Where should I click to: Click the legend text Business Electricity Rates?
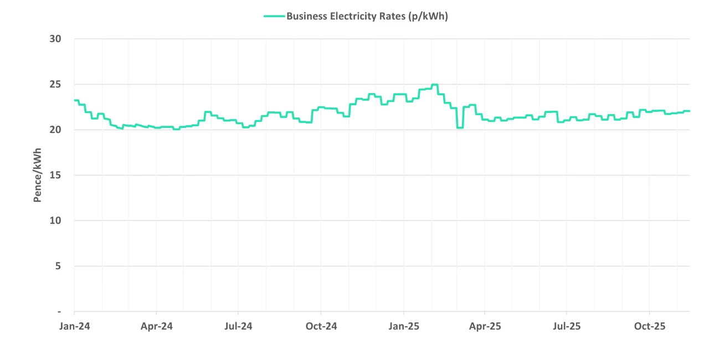coord(367,16)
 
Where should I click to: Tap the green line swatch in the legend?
coord(274,16)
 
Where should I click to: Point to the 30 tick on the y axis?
coord(55,39)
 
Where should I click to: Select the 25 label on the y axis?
coord(55,84)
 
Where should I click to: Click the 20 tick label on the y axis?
coord(55,130)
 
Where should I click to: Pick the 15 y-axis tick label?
coord(55,175)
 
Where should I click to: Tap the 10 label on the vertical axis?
coord(55,220)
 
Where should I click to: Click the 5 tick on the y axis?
coord(58,266)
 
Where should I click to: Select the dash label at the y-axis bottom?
coord(59,312)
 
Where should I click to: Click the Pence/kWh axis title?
coord(38,175)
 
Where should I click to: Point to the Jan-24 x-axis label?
coord(74,326)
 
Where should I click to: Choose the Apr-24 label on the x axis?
coord(156,326)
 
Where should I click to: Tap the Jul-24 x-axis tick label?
coord(238,326)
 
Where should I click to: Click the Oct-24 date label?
coord(321,326)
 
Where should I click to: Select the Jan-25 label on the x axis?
coord(403,326)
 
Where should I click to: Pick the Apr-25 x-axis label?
coord(485,326)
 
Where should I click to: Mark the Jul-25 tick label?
coord(567,326)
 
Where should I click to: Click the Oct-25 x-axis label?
coord(649,326)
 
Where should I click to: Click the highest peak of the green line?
coord(435,85)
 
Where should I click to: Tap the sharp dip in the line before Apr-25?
coord(460,128)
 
